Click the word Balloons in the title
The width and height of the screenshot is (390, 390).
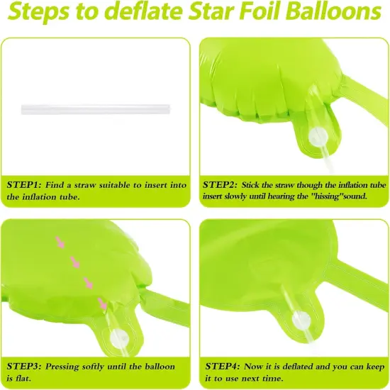333,13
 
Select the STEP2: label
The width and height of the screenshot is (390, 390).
221,184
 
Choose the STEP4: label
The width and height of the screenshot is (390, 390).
221,366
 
